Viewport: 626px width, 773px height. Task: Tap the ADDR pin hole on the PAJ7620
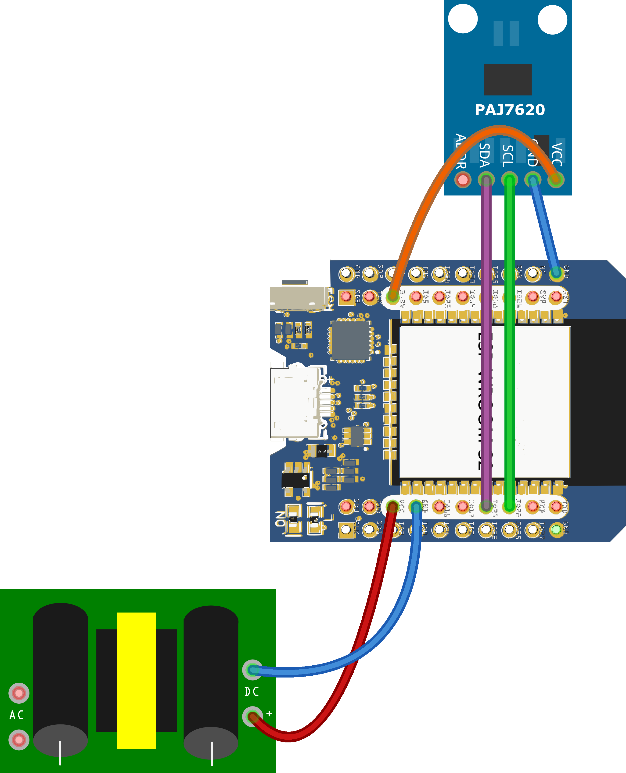tap(463, 179)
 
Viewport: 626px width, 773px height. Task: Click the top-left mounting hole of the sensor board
tap(463, 19)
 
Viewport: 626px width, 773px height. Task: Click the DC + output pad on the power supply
tap(252, 717)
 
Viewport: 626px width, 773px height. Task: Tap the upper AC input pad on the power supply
tap(19, 693)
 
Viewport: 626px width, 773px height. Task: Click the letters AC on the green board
tap(17, 715)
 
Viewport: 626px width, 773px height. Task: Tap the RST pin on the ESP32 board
tap(556, 297)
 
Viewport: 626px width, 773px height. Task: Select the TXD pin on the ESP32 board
tap(556, 506)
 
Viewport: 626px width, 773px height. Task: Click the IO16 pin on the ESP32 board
tap(439, 506)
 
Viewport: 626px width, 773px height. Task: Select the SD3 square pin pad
tap(346, 297)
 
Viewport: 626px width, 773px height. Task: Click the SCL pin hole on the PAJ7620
tap(509, 179)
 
